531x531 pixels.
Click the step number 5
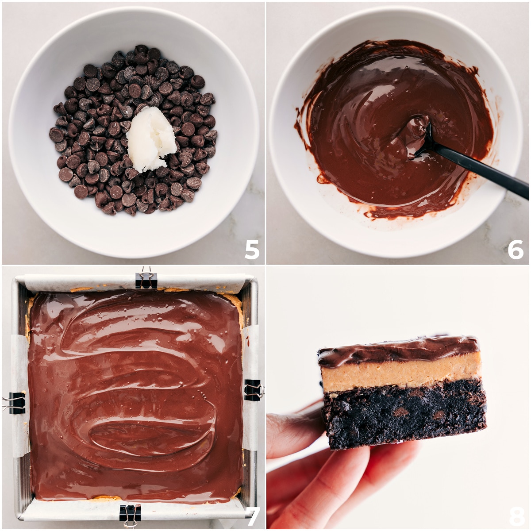(251, 250)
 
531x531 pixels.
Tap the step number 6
(516, 250)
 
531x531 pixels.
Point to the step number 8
(516, 516)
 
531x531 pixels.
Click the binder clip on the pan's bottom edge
(130, 513)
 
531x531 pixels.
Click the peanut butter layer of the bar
(400, 372)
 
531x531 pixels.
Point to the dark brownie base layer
(403, 416)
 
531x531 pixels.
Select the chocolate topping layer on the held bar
(398, 350)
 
